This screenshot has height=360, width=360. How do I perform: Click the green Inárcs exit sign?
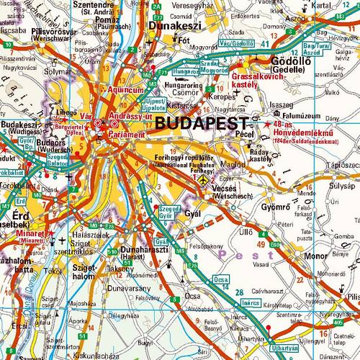pyautogui.click(x=251, y=303)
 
